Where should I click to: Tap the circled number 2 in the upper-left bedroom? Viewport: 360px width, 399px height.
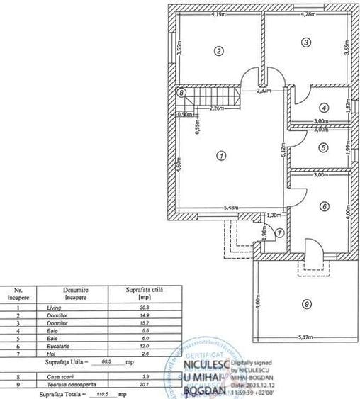pos(220,50)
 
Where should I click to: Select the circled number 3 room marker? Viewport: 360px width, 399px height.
pos(305,43)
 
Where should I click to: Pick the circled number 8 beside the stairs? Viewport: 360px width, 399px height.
pos(181,93)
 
